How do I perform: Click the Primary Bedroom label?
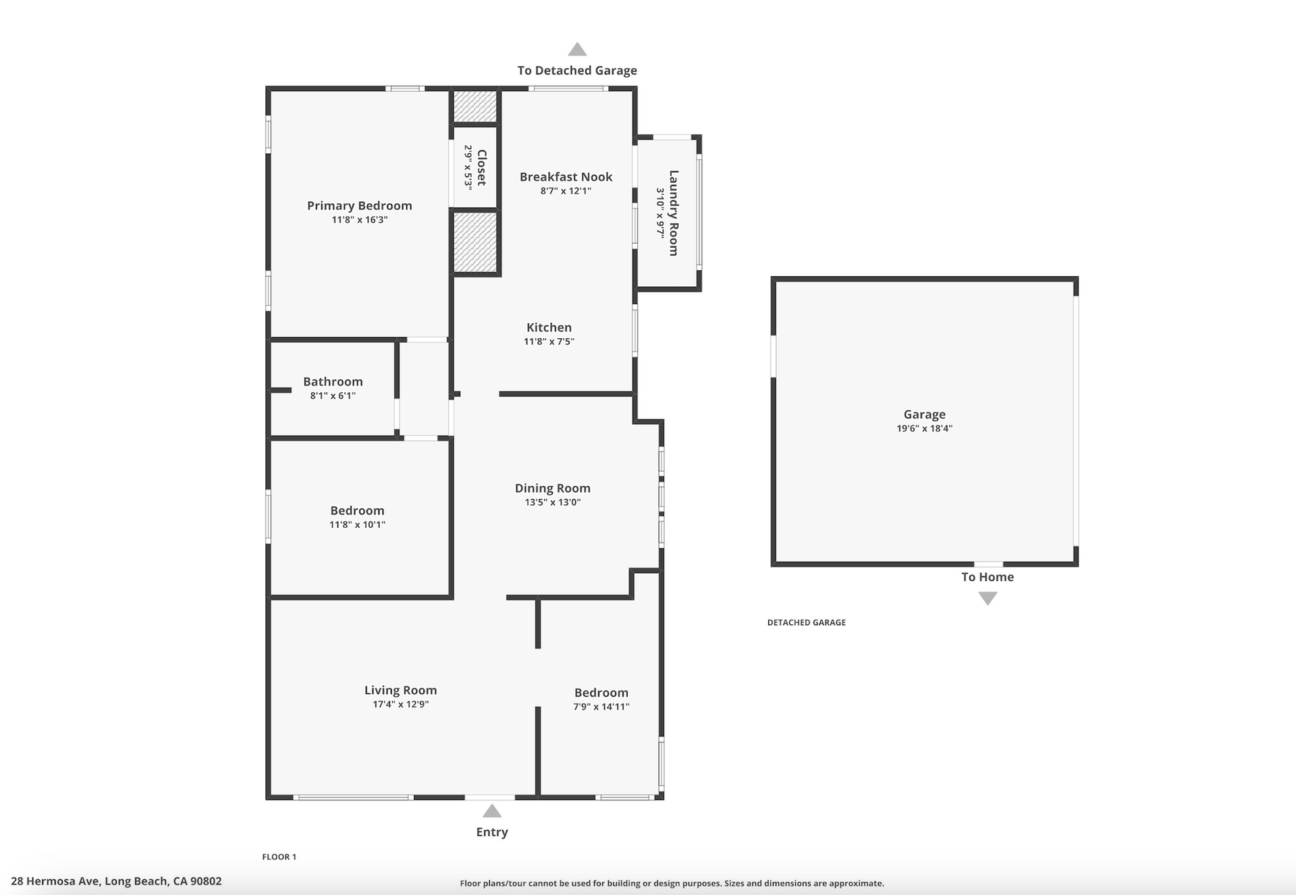(359, 206)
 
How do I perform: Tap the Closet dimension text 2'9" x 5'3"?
(468, 167)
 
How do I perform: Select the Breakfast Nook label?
(566, 177)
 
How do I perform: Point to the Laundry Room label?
(673, 213)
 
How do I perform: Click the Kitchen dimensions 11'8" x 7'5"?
(549, 342)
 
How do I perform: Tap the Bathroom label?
(333, 381)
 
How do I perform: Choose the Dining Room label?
(552, 488)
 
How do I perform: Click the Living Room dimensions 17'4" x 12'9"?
(400, 704)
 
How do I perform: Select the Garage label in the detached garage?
(924, 414)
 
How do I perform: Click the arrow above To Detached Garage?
(577, 49)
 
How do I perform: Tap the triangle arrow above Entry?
(492, 811)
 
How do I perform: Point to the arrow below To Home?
(988, 598)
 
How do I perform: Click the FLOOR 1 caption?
(279, 857)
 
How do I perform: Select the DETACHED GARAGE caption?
(806, 622)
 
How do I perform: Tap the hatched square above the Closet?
(475, 107)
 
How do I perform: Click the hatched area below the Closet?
(475, 242)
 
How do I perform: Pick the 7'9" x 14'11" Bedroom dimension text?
(601, 707)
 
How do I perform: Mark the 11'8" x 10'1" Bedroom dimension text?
(357, 524)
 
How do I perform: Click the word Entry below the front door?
(492, 832)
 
